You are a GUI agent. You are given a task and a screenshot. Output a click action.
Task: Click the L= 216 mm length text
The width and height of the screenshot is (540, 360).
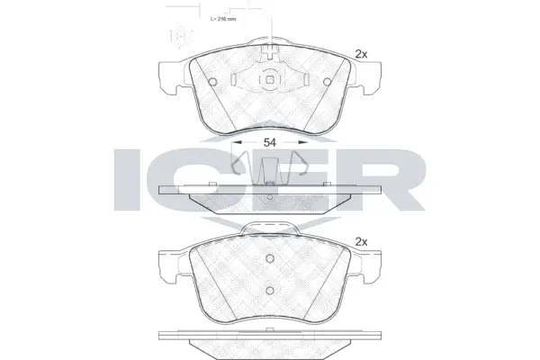point(222,18)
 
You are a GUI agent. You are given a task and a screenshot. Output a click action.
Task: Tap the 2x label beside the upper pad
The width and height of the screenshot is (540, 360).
point(363,54)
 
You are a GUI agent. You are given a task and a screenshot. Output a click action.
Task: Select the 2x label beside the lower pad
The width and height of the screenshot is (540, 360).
point(363,241)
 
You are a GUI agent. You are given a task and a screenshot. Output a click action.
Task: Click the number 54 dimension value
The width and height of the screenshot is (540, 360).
point(269,142)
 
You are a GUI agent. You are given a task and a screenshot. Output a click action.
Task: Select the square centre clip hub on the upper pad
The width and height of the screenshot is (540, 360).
point(269,83)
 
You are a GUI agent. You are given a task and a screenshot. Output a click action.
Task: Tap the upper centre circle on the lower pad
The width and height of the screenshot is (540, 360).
point(269,257)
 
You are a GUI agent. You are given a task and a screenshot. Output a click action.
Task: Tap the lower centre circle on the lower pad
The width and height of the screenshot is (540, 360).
point(269,289)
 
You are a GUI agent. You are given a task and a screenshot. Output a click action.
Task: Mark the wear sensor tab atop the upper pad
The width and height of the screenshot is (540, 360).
point(269,49)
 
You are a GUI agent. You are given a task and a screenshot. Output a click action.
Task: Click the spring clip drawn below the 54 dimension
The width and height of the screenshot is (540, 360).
point(269,166)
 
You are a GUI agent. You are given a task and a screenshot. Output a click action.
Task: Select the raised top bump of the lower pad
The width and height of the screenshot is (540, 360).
point(269,228)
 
